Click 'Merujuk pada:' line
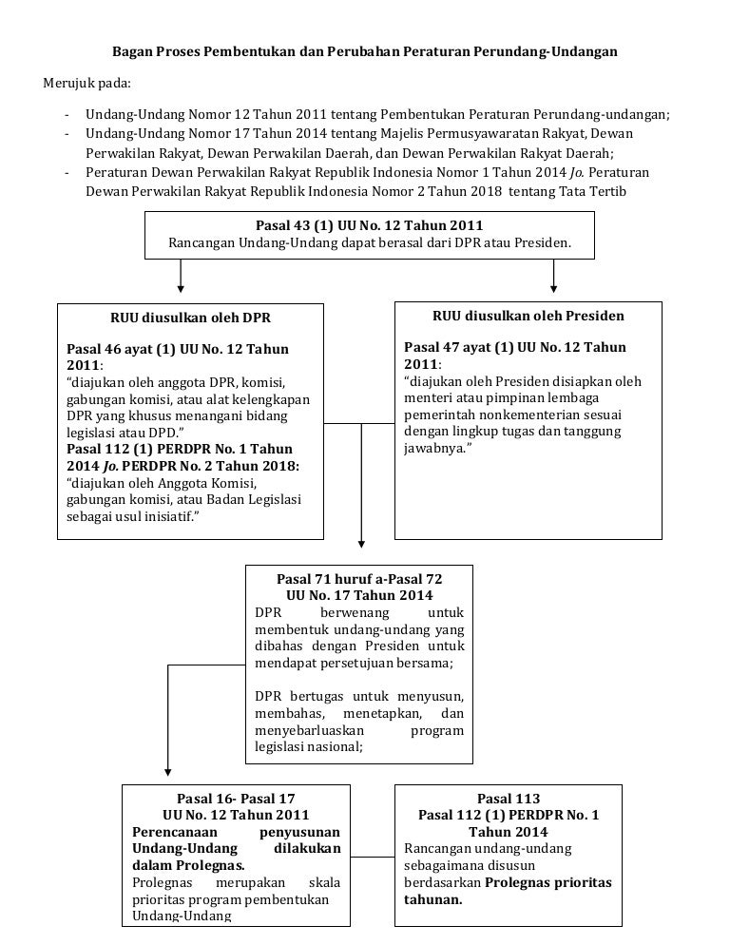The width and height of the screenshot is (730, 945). (x=87, y=83)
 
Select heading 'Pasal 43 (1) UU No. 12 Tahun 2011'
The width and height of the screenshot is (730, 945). (x=369, y=225)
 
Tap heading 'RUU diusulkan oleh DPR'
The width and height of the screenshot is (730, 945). (x=190, y=318)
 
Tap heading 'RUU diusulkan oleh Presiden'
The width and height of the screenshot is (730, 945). (x=528, y=316)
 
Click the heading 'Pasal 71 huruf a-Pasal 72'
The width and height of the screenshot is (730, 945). (x=359, y=578)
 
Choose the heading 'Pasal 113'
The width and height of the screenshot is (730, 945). (x=509, y=799)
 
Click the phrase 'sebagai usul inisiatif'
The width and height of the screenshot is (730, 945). (x=125, y=516)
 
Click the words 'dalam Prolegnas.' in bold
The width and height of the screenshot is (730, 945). (x=188, y=866)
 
